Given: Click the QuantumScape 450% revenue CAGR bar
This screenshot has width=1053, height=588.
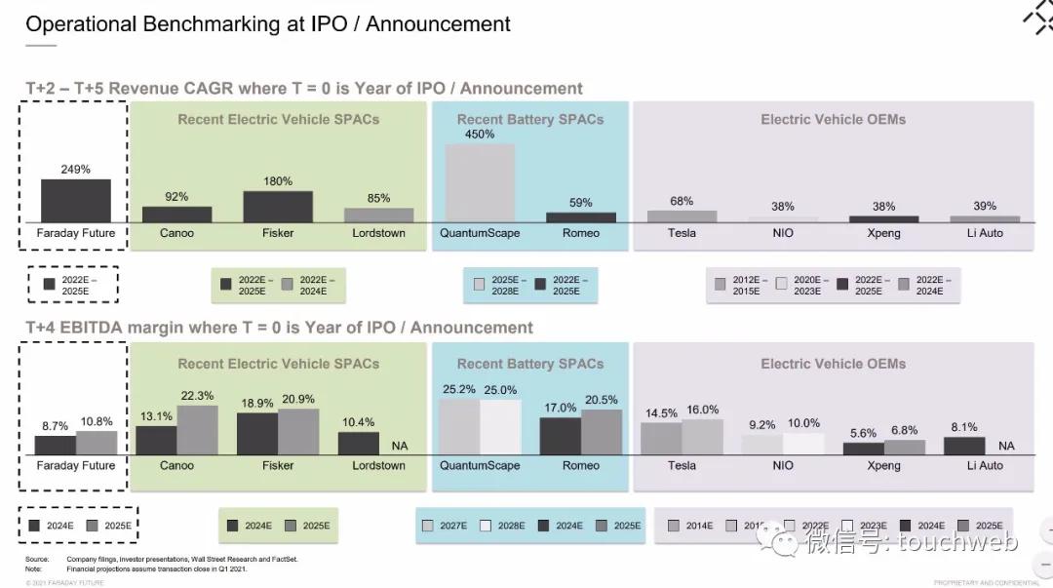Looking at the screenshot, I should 480,183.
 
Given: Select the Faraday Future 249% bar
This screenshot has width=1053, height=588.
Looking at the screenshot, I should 76,201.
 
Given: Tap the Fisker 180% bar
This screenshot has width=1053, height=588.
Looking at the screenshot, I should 278,207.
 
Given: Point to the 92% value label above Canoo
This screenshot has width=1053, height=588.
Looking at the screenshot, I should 176,197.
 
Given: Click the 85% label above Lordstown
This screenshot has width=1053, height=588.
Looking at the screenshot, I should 378,198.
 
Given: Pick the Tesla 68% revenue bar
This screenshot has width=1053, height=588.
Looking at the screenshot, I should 682,216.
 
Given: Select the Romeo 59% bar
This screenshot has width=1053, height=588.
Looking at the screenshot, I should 581,217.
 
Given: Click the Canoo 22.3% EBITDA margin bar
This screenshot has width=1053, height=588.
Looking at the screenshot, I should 197,430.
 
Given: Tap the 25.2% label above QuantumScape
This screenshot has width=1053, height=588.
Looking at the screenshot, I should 459,389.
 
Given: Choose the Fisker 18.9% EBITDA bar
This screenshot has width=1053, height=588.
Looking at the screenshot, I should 257,434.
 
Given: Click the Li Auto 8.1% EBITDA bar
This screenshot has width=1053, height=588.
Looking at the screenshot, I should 964,446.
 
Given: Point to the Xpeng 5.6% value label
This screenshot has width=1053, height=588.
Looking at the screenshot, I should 863,433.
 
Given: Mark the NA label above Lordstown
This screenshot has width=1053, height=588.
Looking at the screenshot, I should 400,446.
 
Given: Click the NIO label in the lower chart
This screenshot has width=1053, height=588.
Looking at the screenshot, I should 783,466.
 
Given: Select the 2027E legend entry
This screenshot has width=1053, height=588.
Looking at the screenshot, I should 445,526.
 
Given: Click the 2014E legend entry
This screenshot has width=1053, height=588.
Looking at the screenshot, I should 690,526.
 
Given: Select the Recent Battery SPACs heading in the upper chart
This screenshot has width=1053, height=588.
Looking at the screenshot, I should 530,120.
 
